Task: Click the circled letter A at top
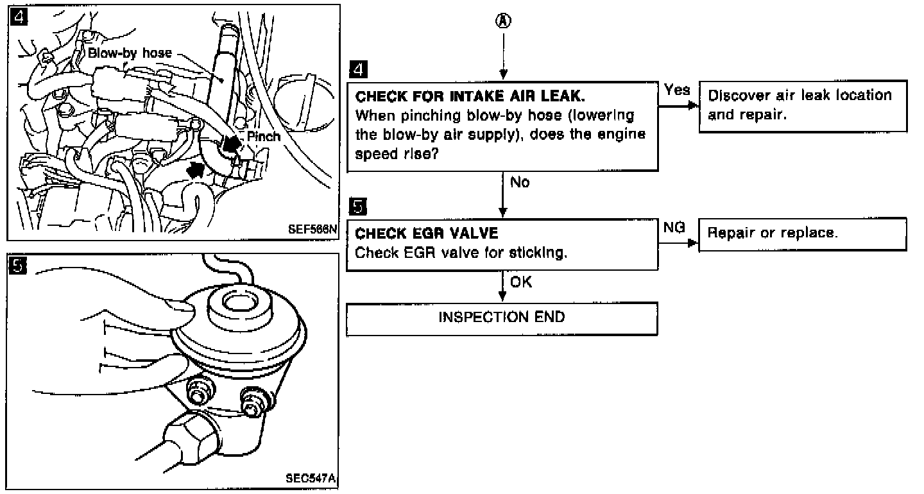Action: point(504,21)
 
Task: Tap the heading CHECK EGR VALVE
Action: point(426,234)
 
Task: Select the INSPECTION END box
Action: point(502,318)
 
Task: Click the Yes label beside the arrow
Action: point(677,90)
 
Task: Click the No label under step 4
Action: point(520,183)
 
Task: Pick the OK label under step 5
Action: point(521,282)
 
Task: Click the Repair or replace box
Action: point(802,234)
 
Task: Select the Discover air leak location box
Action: point(802,106)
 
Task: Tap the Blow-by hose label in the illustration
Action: point(130,54)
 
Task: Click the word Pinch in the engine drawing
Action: point(264,137)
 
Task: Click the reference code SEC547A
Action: point(312,479)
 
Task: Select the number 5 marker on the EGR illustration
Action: point(20,264)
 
